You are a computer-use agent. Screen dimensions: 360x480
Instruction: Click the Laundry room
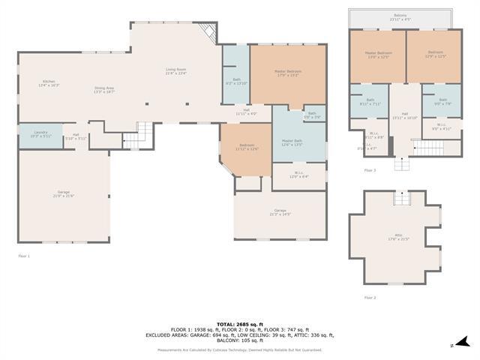point(40,133)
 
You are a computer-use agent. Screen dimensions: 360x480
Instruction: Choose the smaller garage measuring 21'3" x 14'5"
point(280,212)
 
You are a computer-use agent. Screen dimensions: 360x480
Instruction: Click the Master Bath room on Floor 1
point(292,142)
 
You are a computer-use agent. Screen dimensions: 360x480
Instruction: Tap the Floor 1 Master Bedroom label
point(288,73)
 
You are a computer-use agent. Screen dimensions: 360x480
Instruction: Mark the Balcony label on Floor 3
point(401,16)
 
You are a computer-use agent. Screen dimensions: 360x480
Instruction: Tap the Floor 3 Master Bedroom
point(379,55)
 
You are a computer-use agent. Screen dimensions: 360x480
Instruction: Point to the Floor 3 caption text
point(370,171)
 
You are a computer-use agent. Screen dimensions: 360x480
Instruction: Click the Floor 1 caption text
point(23,256)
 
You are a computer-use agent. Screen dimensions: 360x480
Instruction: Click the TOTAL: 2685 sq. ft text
point(239,323)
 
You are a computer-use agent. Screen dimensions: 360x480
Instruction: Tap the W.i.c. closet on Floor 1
point(298,175)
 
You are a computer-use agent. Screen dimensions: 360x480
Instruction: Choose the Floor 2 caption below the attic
point(370,298)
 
